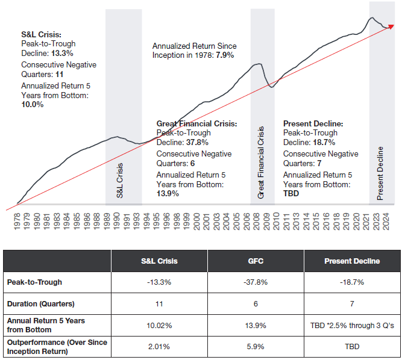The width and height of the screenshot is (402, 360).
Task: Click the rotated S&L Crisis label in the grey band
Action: pos(119,181)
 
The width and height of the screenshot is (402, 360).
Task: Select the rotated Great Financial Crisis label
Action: pos(261,163)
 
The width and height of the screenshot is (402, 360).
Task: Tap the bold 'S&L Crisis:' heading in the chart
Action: pos(42,35)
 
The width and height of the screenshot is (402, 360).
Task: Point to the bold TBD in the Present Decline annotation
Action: pos(291,194)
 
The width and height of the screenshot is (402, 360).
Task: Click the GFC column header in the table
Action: pos(256,261)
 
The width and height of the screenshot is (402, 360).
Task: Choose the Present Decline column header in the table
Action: pos(351,261)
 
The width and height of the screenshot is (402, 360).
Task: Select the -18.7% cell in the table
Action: pos(351,282)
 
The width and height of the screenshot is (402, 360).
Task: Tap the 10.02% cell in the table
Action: pos(159,325)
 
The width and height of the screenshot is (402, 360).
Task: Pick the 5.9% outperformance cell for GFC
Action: pos(256,347)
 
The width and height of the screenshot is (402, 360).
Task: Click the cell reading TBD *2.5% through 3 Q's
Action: pos(351,325)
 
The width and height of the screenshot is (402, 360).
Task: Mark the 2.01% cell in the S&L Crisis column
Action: pos(159,347)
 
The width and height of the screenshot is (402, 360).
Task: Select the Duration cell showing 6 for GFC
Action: pos(256,305)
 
